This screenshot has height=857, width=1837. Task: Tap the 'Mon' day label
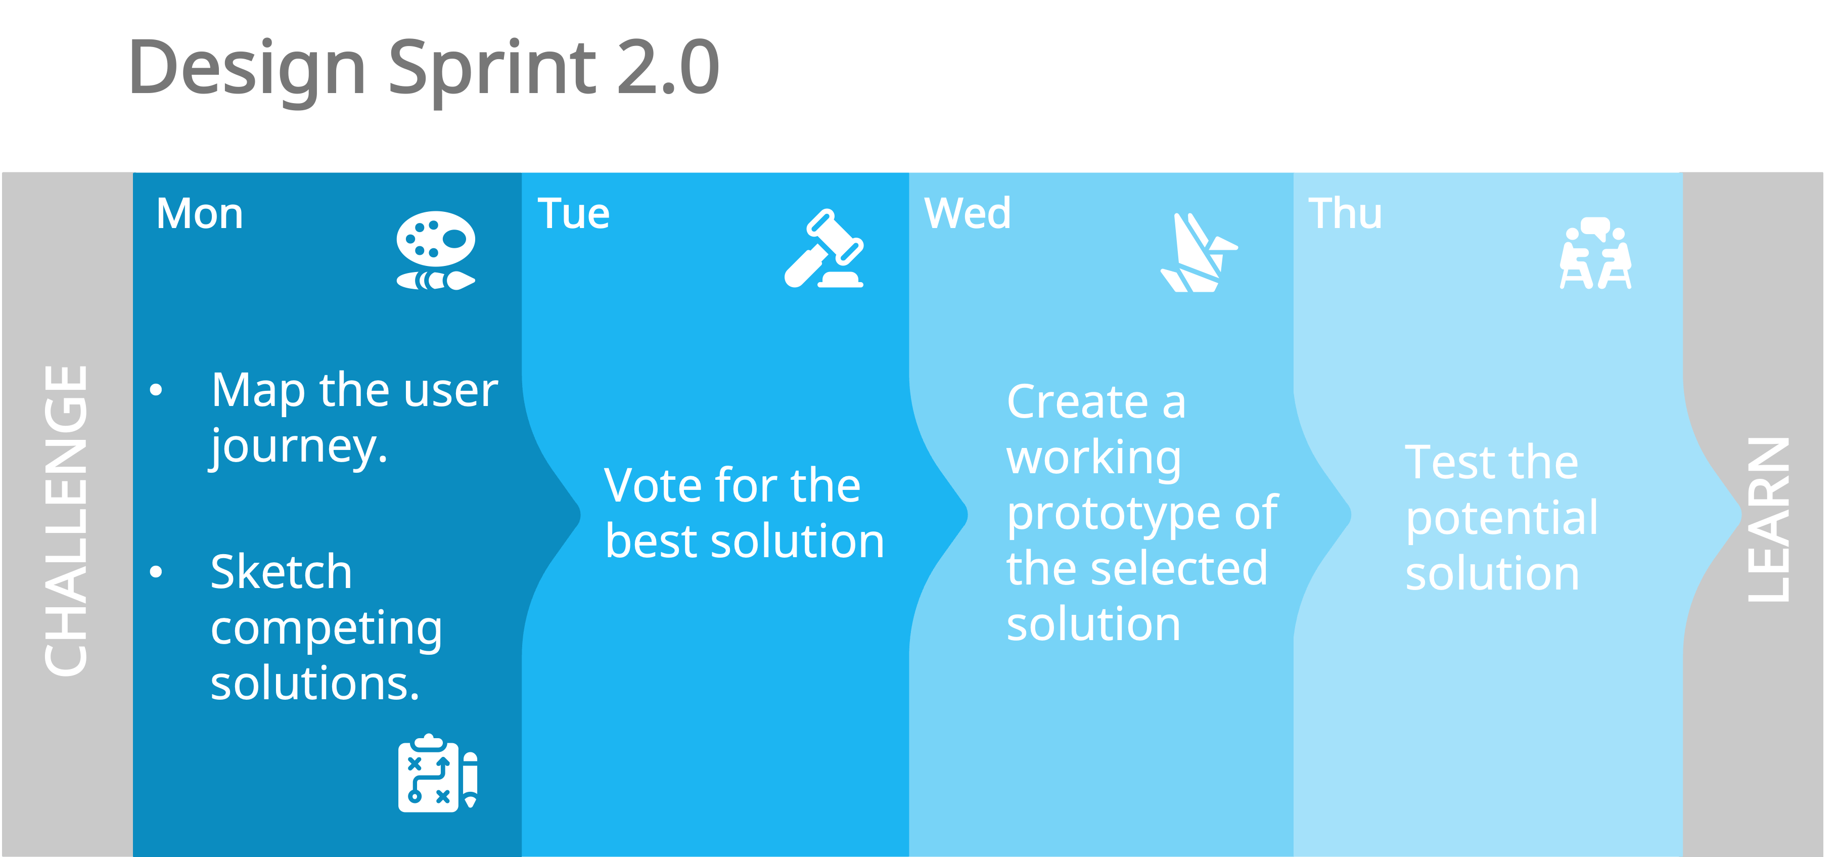click(200, 214)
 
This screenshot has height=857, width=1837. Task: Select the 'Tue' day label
click(573, 214)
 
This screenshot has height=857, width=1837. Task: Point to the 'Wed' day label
click(967, 213)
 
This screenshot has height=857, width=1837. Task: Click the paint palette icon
click(436, 250)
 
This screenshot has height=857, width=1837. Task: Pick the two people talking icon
click(1595, 253)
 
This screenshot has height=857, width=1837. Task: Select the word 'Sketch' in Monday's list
click(281, 572)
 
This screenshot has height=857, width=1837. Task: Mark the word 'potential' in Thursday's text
click(1502, 518)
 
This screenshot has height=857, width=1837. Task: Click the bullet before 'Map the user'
click(156, 390)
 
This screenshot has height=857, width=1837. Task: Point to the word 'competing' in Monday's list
click(326, 629)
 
